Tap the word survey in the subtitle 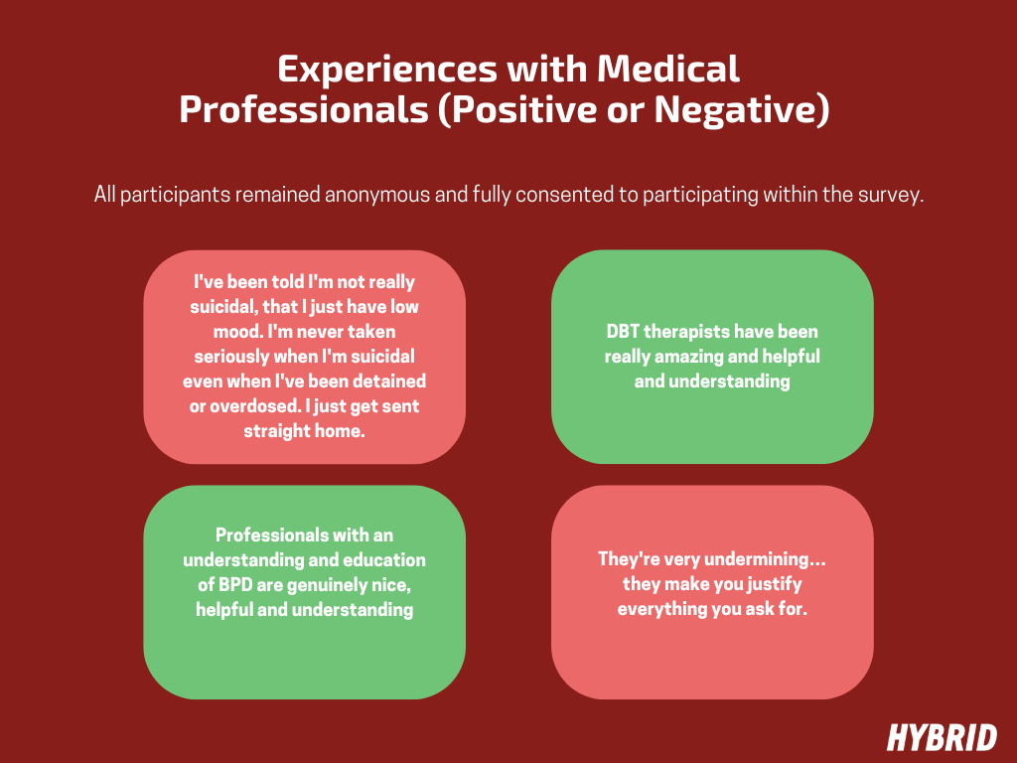891,195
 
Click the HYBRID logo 942,737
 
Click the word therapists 691,332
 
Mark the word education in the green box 381,560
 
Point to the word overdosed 249,406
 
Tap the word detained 389,381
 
